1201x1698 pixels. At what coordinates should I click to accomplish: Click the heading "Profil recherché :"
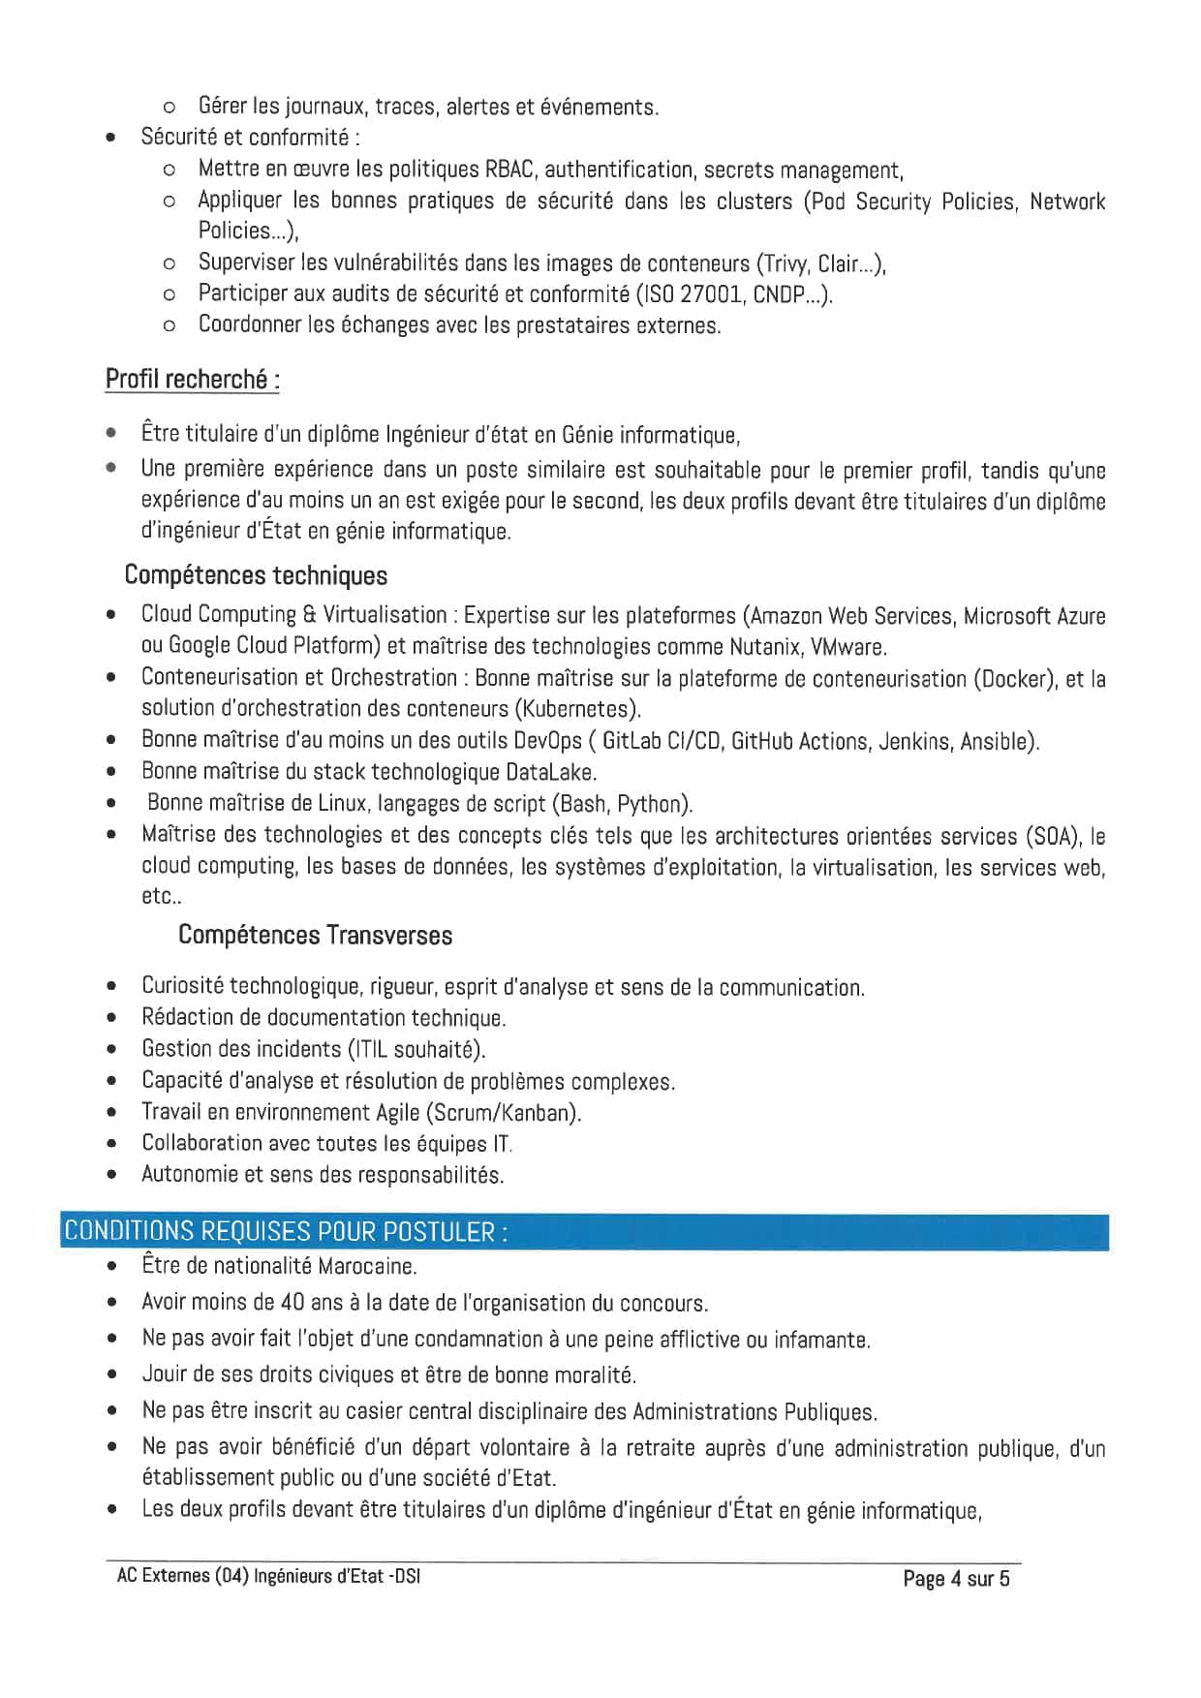193,379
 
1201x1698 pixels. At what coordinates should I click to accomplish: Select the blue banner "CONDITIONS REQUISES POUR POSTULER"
286,1231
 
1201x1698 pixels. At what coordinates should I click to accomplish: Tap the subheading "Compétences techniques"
256,575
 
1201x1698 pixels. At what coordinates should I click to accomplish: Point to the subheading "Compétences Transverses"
315,935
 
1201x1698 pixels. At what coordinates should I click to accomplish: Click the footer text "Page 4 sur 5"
955,1578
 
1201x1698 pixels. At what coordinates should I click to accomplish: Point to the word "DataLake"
550,772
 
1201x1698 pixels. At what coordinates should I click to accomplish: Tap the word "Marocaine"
367,1266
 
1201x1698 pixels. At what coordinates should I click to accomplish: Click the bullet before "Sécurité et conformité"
113,138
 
